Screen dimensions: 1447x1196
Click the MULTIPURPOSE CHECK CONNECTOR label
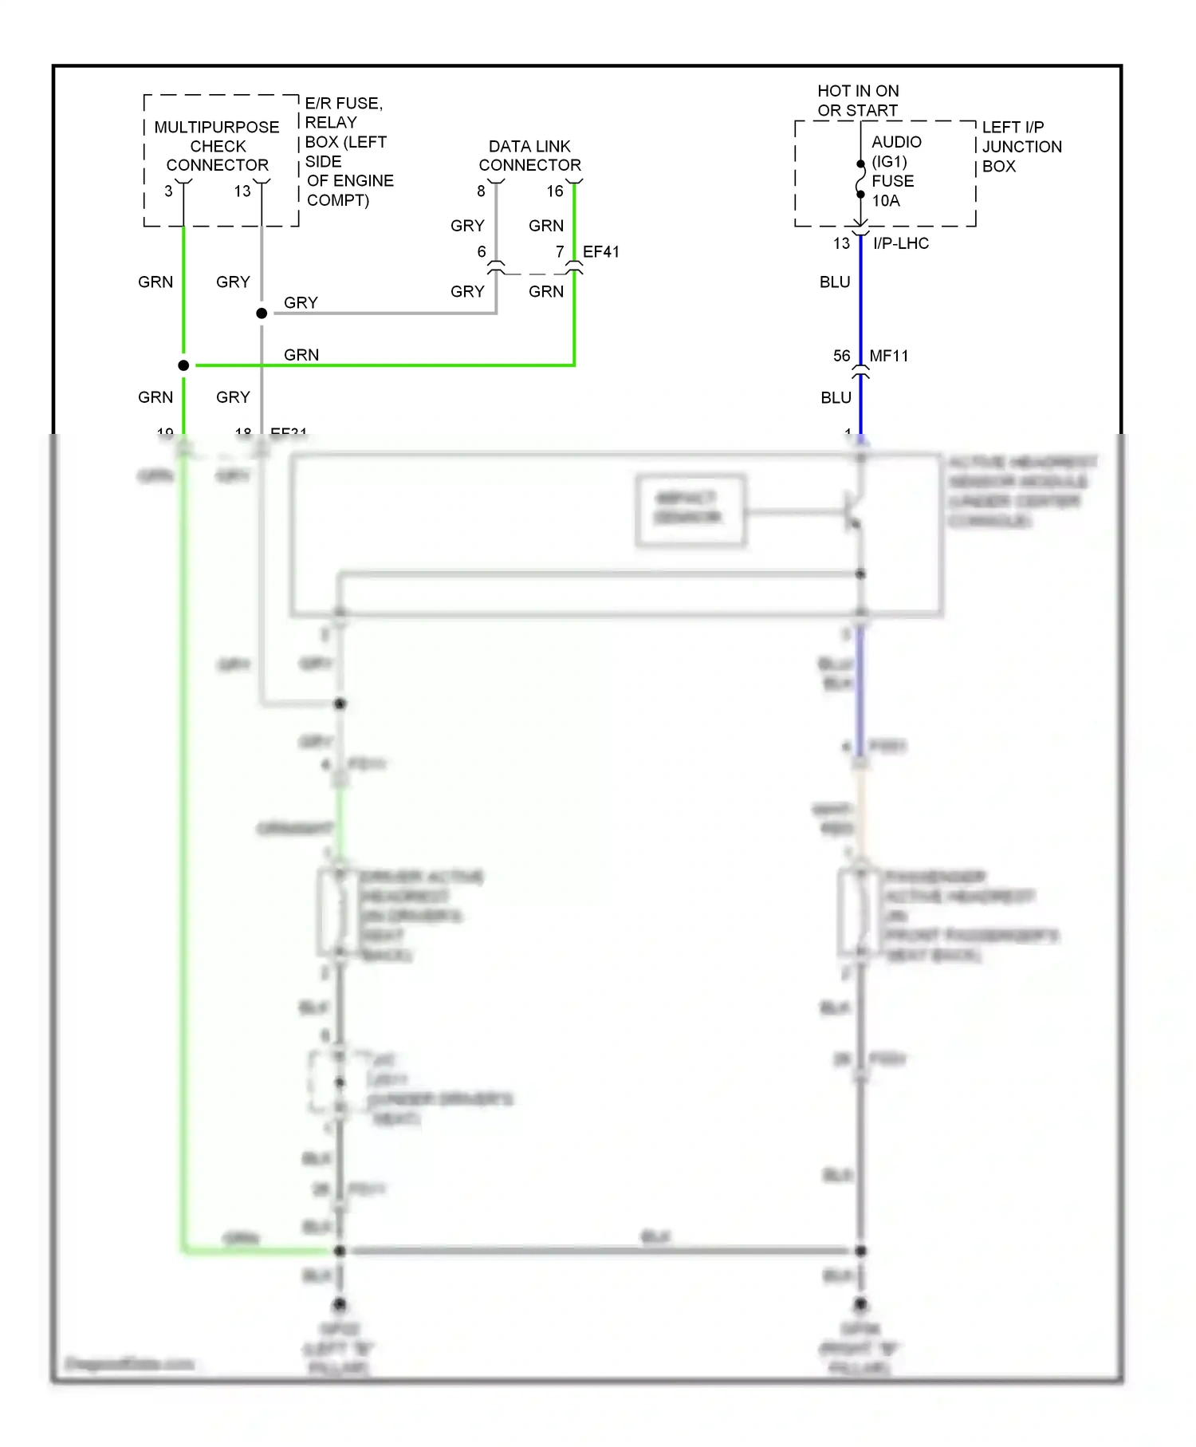point(217,146)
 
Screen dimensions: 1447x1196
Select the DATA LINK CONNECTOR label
point(529,156)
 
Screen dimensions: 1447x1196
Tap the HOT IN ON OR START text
point(858,101)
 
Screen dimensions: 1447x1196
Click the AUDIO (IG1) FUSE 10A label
point(894,171)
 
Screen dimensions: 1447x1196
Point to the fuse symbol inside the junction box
point(860,179)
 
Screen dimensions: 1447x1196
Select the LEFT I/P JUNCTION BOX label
point(1021,147)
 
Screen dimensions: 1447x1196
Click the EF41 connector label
point(601,252)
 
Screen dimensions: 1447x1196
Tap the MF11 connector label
point(888,356)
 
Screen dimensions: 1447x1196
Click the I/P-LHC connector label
point(901,243)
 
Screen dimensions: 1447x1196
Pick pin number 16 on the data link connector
point(555,191)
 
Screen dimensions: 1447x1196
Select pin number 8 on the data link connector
point(481,191)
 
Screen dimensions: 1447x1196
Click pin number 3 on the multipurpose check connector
point(168,191)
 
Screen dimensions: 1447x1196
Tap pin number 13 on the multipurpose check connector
point(242,191)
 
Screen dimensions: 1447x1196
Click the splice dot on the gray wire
point(262,313)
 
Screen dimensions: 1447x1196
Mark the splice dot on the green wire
point(183,365)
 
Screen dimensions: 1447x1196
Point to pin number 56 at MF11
point(842,356)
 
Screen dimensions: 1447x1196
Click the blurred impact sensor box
point(690,510)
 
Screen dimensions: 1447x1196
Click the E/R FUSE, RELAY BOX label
point(348,152)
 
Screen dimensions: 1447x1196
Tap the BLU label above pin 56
point(835,282)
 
